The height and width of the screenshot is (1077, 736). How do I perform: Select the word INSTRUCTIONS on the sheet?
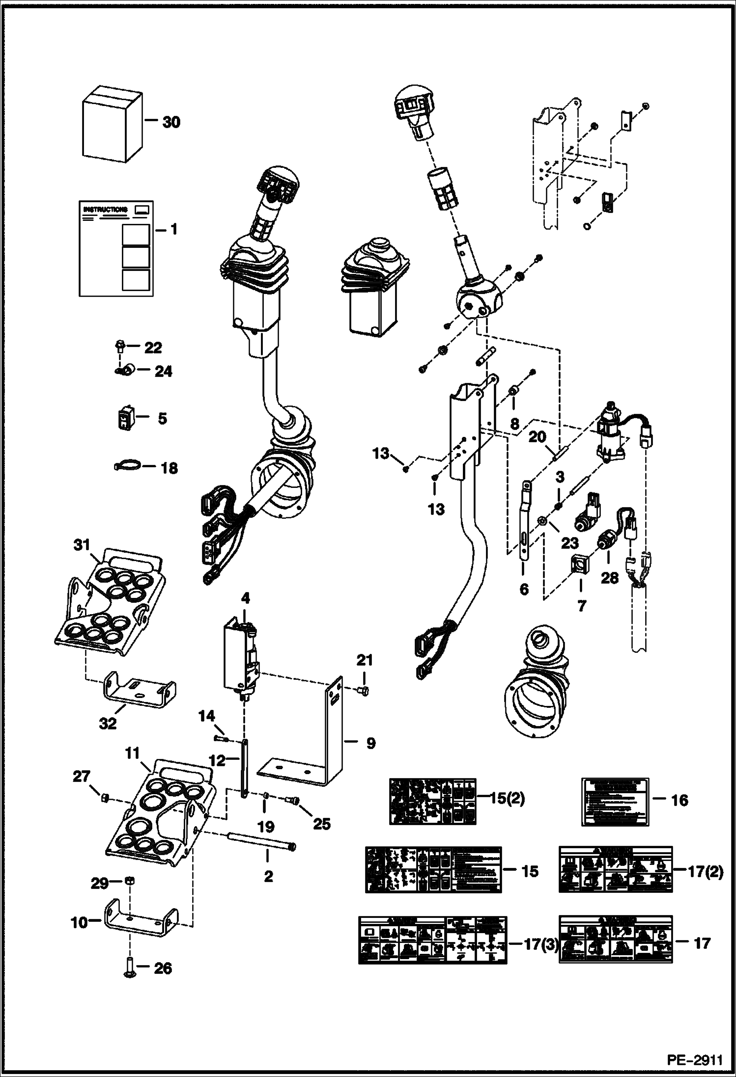tap(105, 210)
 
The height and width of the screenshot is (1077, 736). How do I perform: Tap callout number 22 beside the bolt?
tap(153, 348)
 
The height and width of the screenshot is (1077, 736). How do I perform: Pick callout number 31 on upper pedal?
tap(82, 545)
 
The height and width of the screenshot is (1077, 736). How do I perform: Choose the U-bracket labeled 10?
tap(140, 923)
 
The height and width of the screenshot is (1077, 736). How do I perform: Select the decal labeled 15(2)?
tap(432, 801)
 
